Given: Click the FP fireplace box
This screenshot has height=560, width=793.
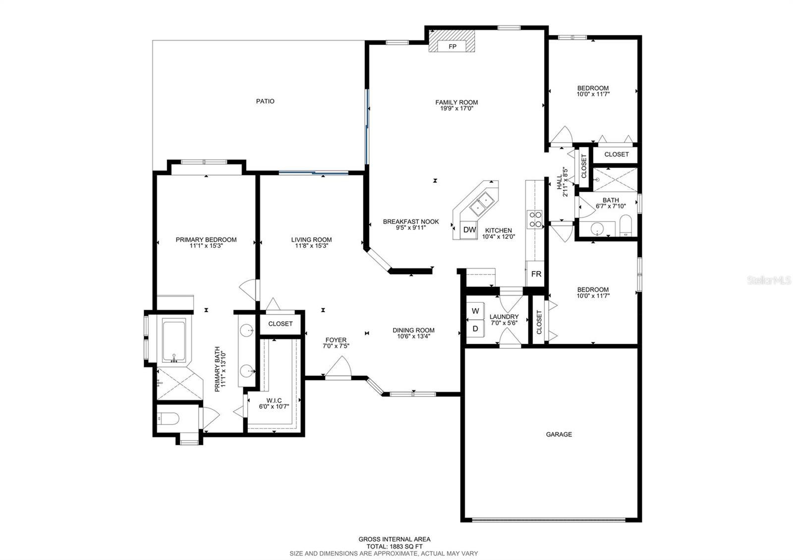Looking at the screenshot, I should pos(452,47).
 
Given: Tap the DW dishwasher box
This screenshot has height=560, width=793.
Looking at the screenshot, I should pos(469,229).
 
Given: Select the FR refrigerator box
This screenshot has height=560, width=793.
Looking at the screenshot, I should pos(536,274).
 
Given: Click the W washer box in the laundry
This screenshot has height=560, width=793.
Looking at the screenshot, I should pos(475,311).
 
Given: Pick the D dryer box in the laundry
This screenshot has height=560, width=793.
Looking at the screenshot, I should pos(475,328).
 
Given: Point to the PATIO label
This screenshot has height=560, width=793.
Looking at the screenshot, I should pos(265,101).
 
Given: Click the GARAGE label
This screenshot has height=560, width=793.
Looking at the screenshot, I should pos(559,434).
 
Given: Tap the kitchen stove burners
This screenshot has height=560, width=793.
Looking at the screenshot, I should pos(535,219).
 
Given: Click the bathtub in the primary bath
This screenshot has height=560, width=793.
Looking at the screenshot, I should pos(173,341).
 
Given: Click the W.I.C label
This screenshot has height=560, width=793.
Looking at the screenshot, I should pos(274,400).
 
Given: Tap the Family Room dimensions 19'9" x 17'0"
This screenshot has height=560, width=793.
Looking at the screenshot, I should pos(456,109).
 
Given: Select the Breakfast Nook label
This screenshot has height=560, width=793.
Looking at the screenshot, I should pos(411,222).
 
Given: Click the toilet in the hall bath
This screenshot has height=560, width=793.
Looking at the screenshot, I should pos(624,227).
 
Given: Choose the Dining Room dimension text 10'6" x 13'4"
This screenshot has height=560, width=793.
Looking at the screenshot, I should pos(413,336).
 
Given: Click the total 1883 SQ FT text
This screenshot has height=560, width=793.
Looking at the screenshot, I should pos(395,546).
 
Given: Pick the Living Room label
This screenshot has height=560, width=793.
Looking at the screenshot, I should pos(311,239).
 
